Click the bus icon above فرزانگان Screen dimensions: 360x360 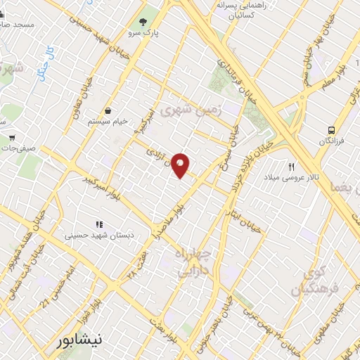coord(330,130)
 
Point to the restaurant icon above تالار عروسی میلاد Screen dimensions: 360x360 coord(291,166)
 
